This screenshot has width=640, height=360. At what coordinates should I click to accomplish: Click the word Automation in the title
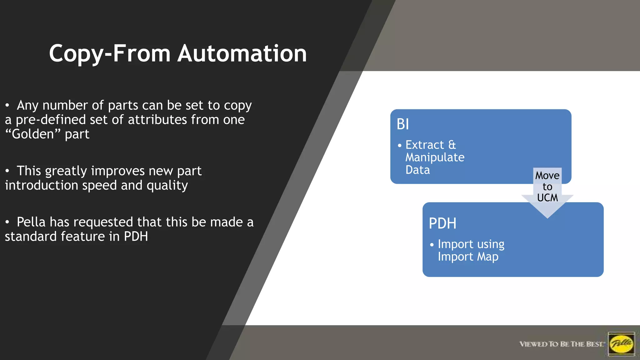click(242, 53)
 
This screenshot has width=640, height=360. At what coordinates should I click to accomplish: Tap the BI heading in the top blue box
click(402, 124)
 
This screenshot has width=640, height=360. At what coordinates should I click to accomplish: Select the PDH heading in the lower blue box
click(442, 223)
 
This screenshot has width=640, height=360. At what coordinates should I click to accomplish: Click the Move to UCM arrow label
click(547, 187)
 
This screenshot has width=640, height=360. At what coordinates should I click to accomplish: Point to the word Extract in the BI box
click(424, 145)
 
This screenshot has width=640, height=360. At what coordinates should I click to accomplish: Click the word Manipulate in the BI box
click(435, 157)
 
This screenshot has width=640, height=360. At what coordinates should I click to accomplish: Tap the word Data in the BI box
click(417, 170)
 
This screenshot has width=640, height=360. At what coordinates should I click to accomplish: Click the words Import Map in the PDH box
click(468, 257)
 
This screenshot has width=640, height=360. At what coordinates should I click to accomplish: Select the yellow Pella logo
click(621, 344)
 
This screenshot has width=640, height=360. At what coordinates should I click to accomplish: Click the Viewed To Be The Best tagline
click(562, 344)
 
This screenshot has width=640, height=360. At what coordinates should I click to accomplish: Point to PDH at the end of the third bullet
click(136, 237)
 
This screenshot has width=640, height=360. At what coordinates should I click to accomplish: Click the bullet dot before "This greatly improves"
click(7, 171)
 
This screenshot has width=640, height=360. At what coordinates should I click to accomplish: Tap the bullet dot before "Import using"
click(432, 245)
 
